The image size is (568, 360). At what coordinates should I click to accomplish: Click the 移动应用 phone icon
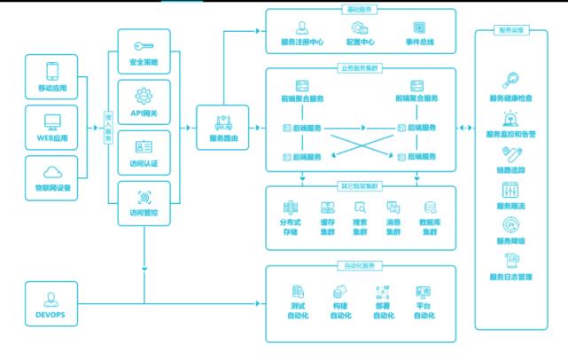[x=51, y=71]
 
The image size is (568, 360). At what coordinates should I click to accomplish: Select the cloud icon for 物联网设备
[x=51, y=171]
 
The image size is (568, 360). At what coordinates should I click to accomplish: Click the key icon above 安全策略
[x=144, y=46]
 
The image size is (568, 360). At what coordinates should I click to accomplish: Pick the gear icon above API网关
[x=144, y=96]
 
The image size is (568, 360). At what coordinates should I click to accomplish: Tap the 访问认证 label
[x=144, y=162]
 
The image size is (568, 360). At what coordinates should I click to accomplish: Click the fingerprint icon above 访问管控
[x=144, y=198]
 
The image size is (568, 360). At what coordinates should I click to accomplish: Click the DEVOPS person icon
[x=51, y=299]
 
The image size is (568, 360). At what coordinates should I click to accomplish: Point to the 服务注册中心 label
[x=302, y=42]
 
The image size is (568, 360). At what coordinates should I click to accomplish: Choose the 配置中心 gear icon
[x=359, y=27]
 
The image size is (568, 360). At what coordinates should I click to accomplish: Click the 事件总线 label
[x=418, y=42]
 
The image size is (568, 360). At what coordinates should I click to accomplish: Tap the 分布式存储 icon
[x=290, y=207]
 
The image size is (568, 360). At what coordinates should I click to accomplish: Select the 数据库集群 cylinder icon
[x=429, y=207]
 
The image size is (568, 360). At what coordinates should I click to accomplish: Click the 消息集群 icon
[x=393, y=207]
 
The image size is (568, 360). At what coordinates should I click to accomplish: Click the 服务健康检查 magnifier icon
[x=510, y=80]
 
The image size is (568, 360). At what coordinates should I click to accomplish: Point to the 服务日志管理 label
[x=510, y=277]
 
